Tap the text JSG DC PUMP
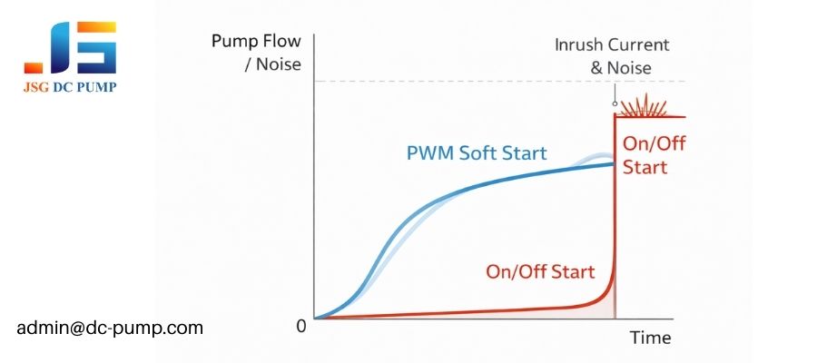coord(70,87)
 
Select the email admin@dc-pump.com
coord(110,327)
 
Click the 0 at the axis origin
coord(301,325)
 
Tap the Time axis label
coord(650,338)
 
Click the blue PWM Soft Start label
coord(476,152)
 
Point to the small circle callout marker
coord(615,103)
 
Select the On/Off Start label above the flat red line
coord(540,271)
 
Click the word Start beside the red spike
coord(645,167)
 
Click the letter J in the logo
coord(42,50)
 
